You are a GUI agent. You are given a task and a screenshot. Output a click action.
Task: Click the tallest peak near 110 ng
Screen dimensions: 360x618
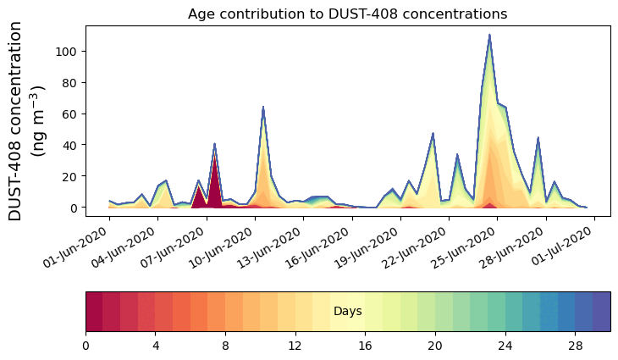pyautogui.click(x=489, y=36)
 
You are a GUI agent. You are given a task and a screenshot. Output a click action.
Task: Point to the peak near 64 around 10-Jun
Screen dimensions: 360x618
pyautogui.click(x=263, y=108)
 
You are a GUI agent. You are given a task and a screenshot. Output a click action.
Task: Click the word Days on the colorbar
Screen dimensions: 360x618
pyautogui.click(x=347, y=312)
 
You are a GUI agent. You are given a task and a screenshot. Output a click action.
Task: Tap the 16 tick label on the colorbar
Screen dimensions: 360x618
pyautogui.click(x=365, y=346)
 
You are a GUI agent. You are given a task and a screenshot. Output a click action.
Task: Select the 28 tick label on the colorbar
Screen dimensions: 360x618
pyautogui.click(x=575, y=346)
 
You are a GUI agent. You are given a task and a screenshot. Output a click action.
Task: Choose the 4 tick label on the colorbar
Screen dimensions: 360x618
pyautogui.click(x=156, y=346)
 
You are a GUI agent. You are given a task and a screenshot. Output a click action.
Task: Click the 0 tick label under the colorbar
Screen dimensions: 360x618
pyautogui.click(x=86, y=346)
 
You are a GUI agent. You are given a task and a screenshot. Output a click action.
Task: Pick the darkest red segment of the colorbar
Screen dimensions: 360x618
pyautogui.click(x=94, y=312)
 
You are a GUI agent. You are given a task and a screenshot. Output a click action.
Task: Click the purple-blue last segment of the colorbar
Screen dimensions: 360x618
pyautogui.click(x=601, y=312)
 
